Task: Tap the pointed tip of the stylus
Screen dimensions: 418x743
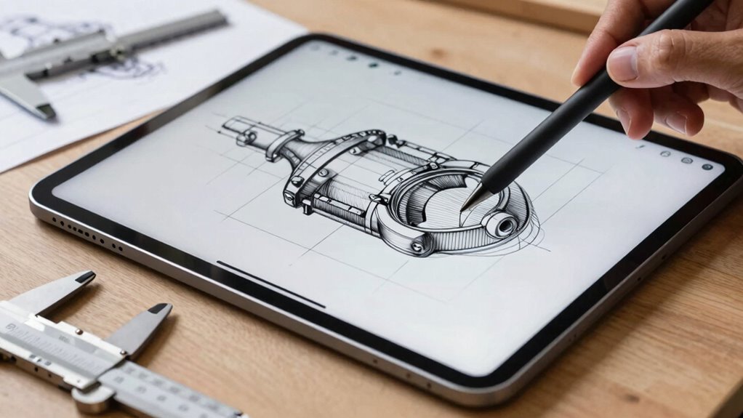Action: [x=463, y=209]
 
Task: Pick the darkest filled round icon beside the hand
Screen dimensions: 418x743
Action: [x=707, y=166]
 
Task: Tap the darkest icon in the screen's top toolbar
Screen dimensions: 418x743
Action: [x=373, y=64]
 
